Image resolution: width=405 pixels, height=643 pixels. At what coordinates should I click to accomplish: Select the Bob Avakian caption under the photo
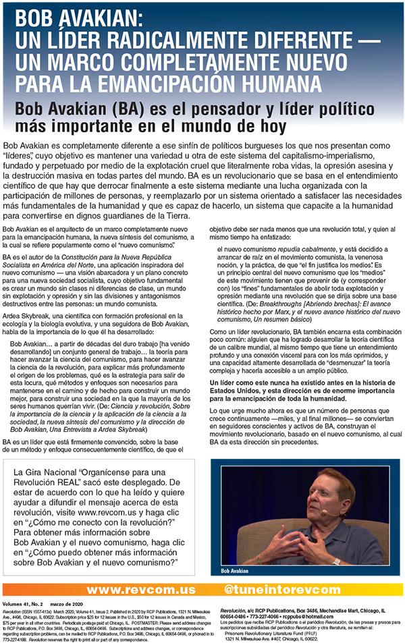(239, 570)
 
